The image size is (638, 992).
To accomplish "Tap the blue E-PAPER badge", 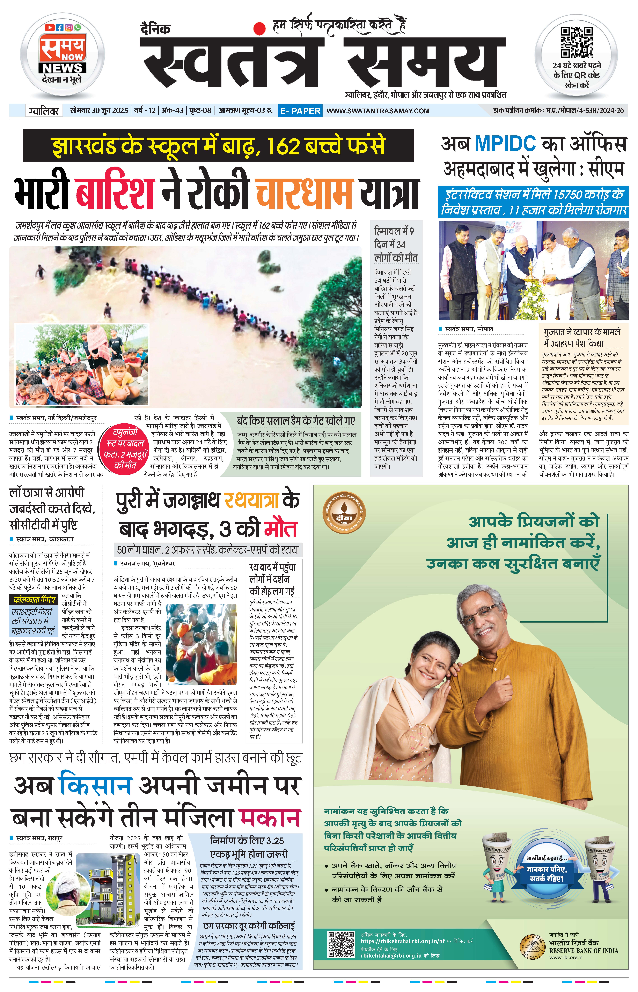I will pyautogui.click(x=300, y=111).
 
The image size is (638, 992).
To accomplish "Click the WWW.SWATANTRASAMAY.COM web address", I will pyautogui.click(x=378, y=111).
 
